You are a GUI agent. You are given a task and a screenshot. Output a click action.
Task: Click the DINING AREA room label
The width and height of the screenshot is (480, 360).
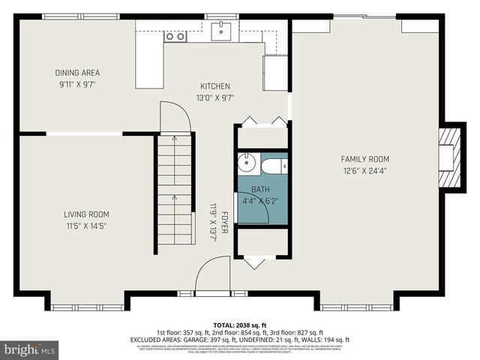coord(77,73)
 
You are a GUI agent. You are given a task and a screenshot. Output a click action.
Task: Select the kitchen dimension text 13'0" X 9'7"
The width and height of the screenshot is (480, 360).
coord(214,97)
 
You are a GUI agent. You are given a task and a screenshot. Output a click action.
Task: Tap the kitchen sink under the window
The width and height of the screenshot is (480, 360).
coord(222,31)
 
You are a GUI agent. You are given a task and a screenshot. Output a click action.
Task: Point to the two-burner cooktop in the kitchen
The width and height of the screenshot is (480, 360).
coord(175,35)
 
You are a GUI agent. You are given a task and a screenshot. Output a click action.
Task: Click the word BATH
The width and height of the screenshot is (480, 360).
coord(260,190)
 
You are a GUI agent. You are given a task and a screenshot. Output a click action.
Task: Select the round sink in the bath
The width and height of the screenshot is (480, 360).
coord(247,164)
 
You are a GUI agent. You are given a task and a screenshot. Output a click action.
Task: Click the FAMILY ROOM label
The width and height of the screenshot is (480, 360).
coord(365,159)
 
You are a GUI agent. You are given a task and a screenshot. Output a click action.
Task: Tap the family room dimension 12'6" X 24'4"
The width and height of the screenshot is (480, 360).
coord(365,170)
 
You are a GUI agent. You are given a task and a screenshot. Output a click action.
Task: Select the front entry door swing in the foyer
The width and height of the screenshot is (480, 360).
coord(211,274)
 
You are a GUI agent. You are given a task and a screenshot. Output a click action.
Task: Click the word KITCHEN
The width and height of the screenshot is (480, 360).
coord(214,86)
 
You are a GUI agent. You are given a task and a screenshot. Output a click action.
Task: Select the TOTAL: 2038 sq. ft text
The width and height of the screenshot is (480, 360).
coord(239,324)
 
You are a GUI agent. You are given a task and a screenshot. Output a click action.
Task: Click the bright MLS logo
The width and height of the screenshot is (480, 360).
coord(30,349)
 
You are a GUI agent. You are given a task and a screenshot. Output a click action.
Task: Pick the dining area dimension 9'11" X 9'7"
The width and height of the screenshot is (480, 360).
coord(77,84)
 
